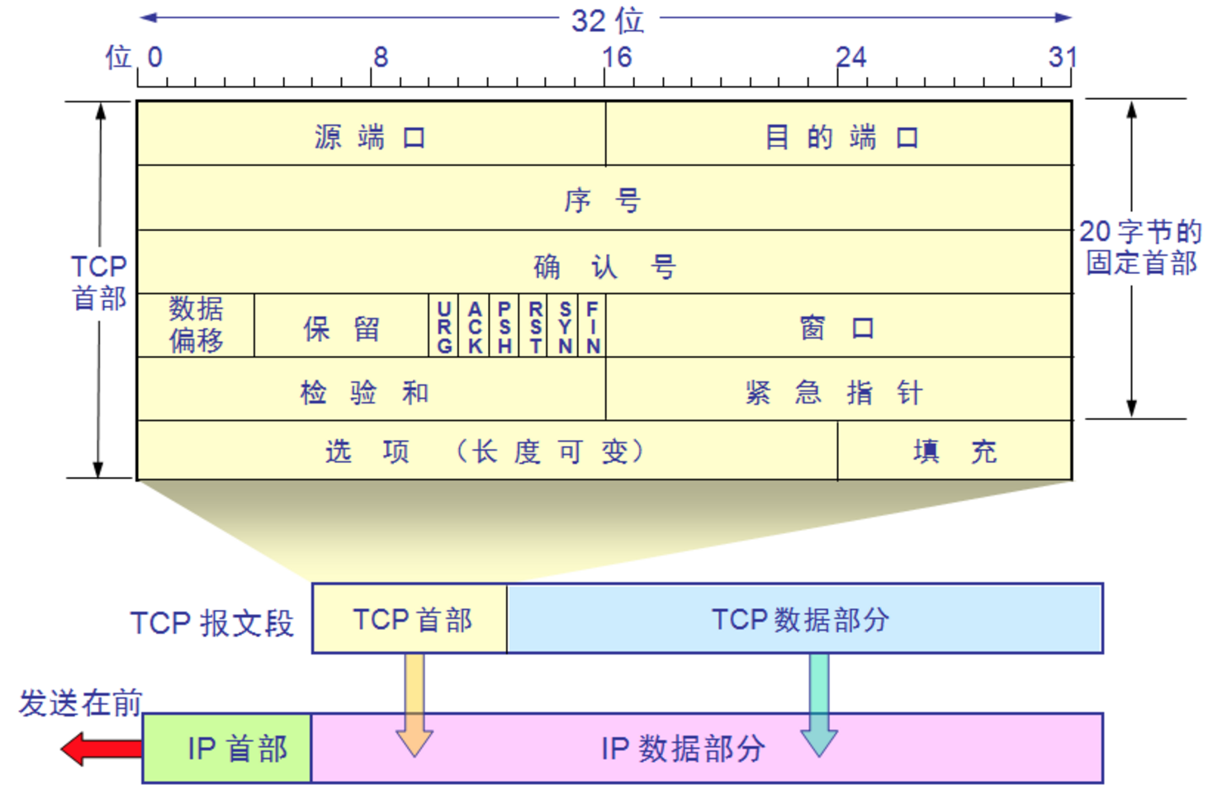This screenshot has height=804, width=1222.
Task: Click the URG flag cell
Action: click(443, 326)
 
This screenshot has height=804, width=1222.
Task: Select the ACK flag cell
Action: click(474, 326)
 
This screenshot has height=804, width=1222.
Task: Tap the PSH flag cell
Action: click(504, 326)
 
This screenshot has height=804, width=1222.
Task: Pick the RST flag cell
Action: click(534, 326)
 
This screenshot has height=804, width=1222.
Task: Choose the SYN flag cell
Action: click(564, 326)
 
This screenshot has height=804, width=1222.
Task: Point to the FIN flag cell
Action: click(592, 326)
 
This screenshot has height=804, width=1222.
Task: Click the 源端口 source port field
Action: click(371, 135)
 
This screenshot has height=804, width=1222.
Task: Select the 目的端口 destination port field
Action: click(839, 135)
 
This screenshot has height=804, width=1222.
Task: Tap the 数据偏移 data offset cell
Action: click(196, 325)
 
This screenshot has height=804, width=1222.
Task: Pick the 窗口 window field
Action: click(839, 327)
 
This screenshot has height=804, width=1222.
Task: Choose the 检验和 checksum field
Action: click(371, 390)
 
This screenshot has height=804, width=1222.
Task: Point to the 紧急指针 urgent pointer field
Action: click(839, 390)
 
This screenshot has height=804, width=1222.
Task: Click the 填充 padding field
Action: click(954, 451)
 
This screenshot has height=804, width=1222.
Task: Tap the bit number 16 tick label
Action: click(616, 57)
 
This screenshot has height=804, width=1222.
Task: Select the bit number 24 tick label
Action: click(850, 57)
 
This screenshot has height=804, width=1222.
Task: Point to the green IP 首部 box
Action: click(227, 749)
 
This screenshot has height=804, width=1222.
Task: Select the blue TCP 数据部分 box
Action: click(804, 619)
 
